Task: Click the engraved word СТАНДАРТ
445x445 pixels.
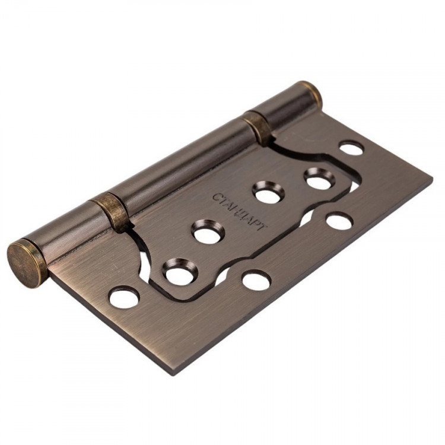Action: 240,211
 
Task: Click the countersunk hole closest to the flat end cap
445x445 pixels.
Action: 179,272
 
